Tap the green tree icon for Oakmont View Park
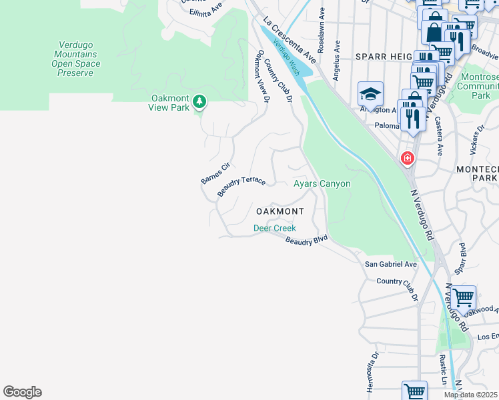click(x=199, y=101)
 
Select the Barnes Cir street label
click(x=215, y=173)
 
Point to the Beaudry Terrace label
click(x=241, y=186)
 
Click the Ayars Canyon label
click(x=322, y=183)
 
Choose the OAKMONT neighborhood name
click(x=280, y=211)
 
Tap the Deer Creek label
click(x=274, y=228)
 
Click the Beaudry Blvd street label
click(x=306, y=240)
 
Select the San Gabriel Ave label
click(x=390, y=264)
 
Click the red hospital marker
click(x=406, y=159)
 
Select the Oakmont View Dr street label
click(x=260, y=76)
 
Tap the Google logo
click(x=22, y=392)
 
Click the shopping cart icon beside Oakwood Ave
click(x=463, y=295)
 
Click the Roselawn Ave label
click(x=322, y=30)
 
